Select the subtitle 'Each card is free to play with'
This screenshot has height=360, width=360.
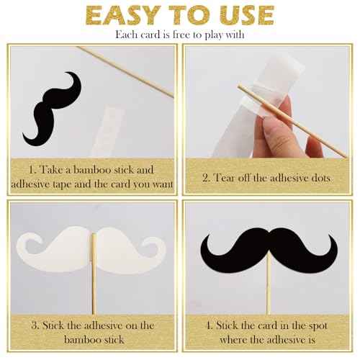click(x=180, y=34)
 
